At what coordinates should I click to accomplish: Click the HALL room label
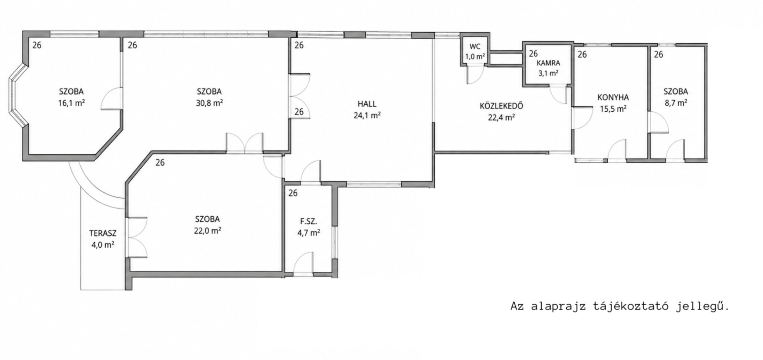[367, 104]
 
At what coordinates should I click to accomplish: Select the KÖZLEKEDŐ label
[501, 106]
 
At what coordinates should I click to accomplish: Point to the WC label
[475, 47]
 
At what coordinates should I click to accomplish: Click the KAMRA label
[549, 63]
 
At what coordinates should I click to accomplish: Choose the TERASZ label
[103, 233]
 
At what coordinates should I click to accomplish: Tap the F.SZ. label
[309, 221]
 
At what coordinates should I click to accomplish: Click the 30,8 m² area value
[209, 103]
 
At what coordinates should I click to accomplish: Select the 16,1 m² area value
[71, 103]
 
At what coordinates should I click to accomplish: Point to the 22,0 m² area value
[208, 231]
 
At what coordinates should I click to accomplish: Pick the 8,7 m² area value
[676, 103]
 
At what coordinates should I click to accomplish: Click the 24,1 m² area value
[367, 115]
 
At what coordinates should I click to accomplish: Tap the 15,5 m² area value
[613, 109]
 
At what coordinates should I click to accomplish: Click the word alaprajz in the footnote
[559, 306]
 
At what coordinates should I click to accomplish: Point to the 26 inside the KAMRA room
[533, 54]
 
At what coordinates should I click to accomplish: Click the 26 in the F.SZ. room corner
[293, 193]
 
